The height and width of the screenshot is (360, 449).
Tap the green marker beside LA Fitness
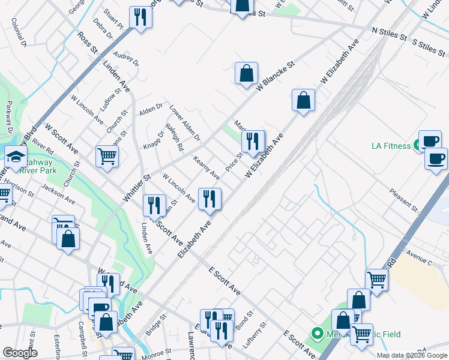point(416,146)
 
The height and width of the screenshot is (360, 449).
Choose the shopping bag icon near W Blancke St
point(246,74)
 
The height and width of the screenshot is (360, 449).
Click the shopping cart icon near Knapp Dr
point(107,156)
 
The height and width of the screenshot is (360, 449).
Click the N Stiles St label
point(390,31)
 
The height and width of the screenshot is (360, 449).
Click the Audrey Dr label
point(126,58)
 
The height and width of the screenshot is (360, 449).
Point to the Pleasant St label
point(403,199)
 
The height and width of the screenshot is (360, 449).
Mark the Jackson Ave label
point(58,193)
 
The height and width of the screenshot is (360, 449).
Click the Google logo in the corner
point(19,353)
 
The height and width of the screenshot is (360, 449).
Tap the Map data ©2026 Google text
point(412,355)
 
